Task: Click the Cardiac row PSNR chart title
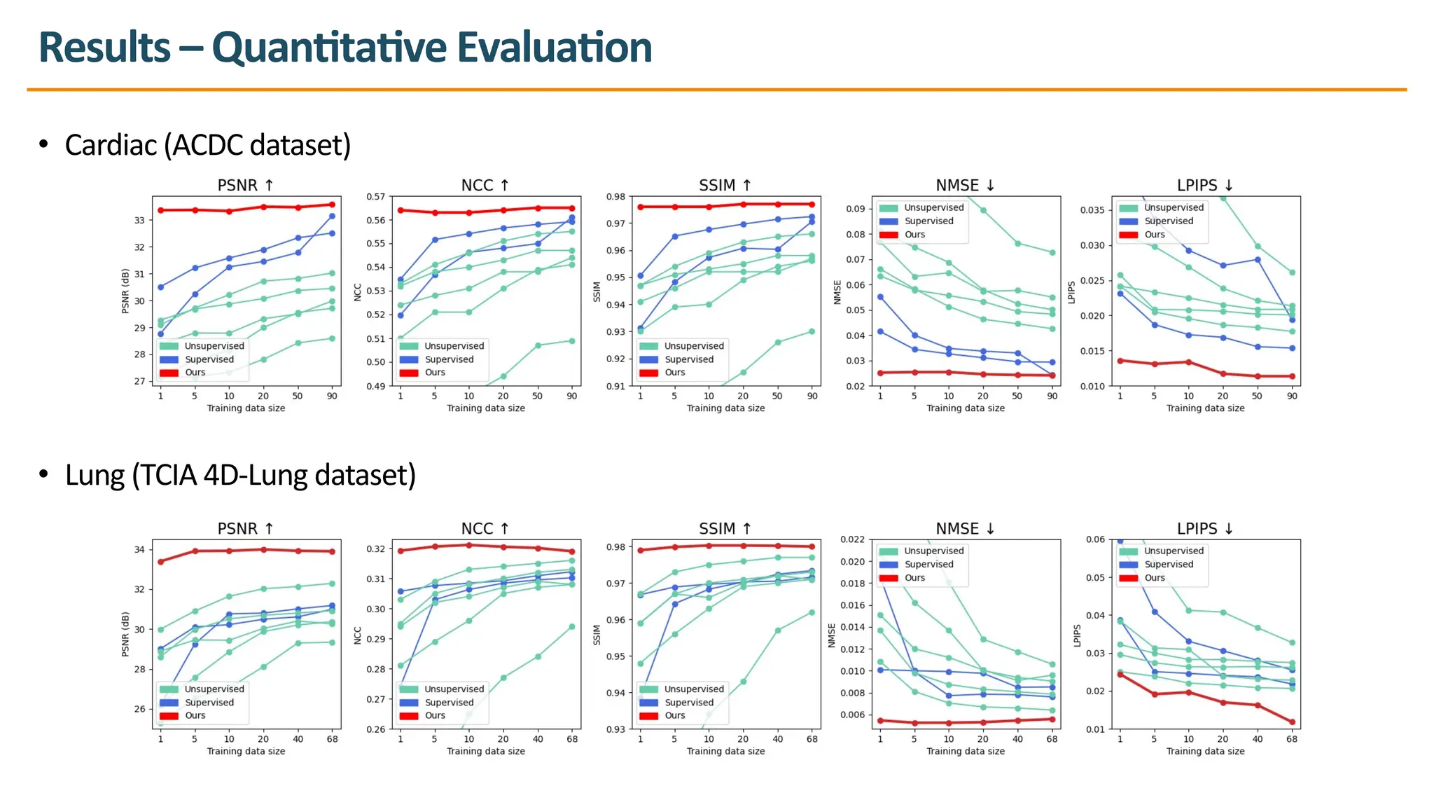coord(245,186)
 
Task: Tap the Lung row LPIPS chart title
coord(1204,529)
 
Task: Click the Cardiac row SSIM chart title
coord(725,186)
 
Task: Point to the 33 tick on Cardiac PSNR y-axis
coord(140,220)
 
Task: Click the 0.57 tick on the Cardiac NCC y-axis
coord(376,197)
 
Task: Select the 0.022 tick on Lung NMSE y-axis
coord(852,539)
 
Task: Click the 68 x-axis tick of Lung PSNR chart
coord(333,739)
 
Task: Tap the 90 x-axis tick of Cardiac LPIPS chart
coord(1292,396)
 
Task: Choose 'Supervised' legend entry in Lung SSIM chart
coord(689,703)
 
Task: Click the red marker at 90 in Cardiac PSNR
coord(332,205)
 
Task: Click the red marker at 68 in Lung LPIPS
coord(1292,722)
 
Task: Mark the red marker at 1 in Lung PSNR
coord(160,561)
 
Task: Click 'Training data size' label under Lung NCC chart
coord(486,751)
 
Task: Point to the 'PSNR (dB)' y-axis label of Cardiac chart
coord(125,291)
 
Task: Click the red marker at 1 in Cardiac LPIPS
coord(1120,361)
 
